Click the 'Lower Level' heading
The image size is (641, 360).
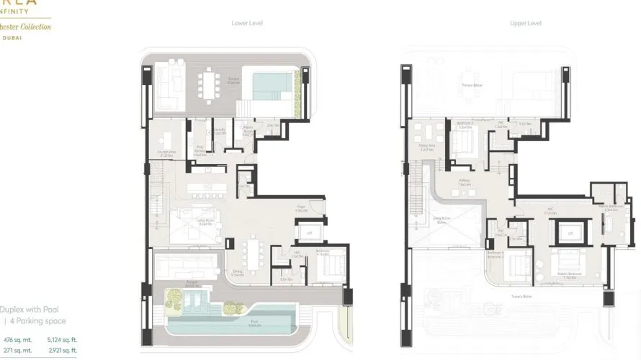point(247,23)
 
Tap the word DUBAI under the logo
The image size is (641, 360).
point(15,37)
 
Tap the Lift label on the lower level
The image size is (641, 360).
point(310,233)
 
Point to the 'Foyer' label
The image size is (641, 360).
point(302,207)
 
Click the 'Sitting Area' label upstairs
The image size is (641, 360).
point(426,147)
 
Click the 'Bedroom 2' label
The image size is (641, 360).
point(465,124)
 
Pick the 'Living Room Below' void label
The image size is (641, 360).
point(440,221)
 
